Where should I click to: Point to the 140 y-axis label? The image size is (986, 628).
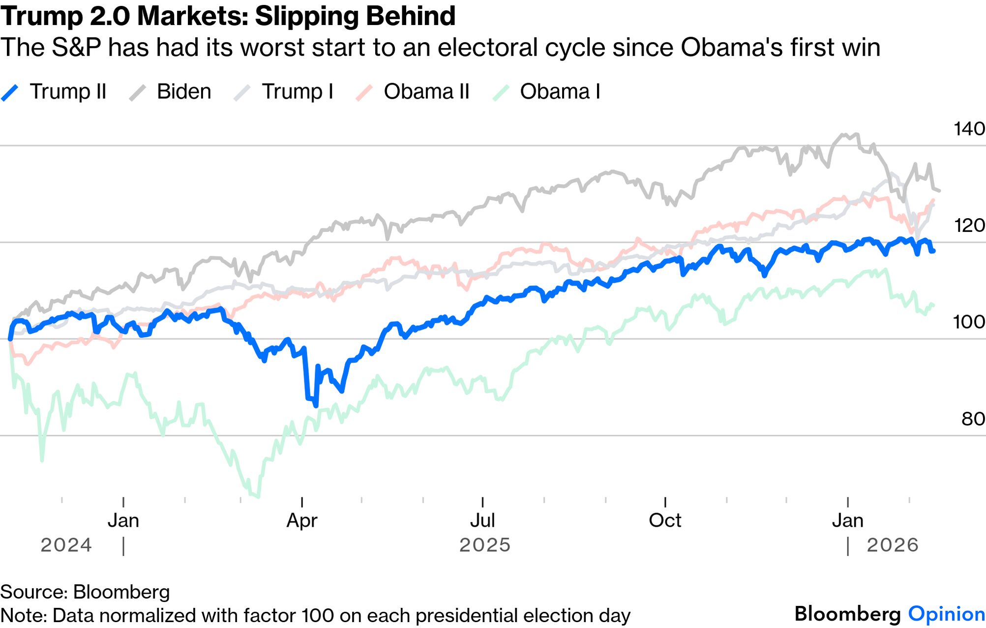tap(969, 129)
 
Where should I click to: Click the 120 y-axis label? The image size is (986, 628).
tap(969, 226)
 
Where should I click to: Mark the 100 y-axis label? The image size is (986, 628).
tap(969, 322)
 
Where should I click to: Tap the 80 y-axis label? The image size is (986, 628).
tap(973, 419)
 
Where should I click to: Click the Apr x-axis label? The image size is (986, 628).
tap(302, 520)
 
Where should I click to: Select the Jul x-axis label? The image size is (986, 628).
tap(482, 520)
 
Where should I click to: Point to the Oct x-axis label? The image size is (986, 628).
tap(665, 520)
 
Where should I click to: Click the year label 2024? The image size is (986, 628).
tap(66, 545)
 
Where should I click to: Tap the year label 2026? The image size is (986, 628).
tap(892, 545)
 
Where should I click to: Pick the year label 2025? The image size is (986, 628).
tap(485, 545)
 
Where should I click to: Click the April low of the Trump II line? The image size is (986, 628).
tap(315, 405)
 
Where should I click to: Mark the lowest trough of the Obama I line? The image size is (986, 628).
tap(257, 496)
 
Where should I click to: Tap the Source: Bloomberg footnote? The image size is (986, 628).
tap(85, 592)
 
